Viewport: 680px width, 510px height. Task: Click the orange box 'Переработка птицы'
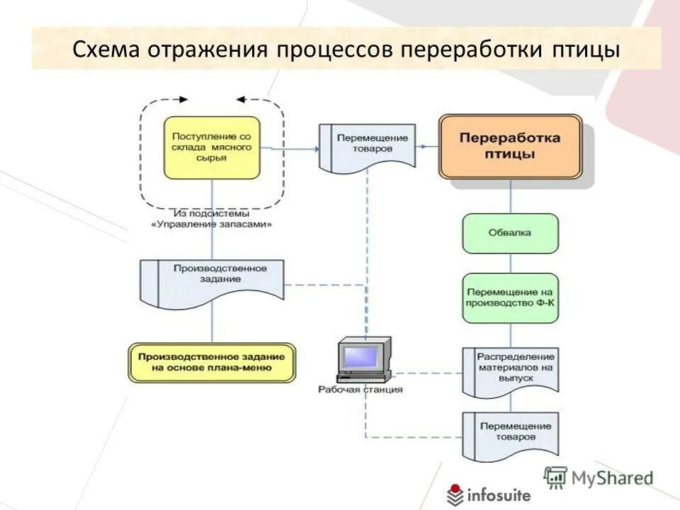tap(511, 147)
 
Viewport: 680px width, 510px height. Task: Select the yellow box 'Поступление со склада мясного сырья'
tap(211, 147)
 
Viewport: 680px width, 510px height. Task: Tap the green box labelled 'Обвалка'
tap(510, 233)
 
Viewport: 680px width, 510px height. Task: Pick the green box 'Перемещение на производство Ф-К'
tap(510, 298)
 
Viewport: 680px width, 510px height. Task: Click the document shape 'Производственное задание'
tap(212, 279)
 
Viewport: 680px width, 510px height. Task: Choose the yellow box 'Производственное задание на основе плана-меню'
tap(212, 363)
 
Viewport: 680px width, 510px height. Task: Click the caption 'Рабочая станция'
tap(361, 390)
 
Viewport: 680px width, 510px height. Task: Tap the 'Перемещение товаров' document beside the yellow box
tap(367, 145)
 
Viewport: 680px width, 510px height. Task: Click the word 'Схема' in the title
tap(106, 49)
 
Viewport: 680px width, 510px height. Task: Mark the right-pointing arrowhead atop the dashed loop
tap(184, 100)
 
